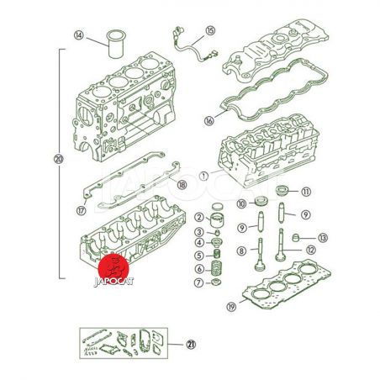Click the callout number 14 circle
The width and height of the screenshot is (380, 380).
[x=79, y=35]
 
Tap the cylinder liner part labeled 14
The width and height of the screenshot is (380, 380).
[x=117, y=44]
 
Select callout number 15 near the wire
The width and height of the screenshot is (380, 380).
[x=210, y=30]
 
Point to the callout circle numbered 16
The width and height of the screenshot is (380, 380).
[x=209, y=120]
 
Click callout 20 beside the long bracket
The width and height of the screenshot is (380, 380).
[x=59, y=160]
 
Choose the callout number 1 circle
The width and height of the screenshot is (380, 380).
[x=204, y=176]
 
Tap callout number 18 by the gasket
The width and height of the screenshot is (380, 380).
[x=182, y=185]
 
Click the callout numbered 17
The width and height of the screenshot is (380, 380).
[x=82, y=210]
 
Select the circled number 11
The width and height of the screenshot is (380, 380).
[x=306, y=192]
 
